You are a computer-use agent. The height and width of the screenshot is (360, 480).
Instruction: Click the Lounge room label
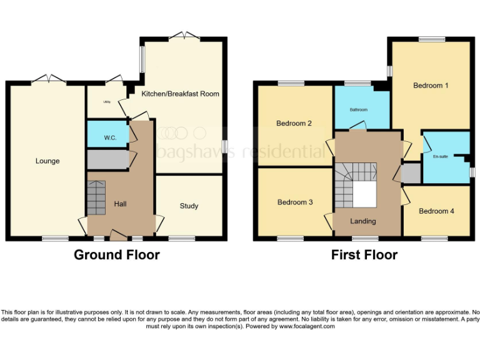point(47,161)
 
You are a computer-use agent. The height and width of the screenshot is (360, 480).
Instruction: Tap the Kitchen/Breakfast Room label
point(180,94)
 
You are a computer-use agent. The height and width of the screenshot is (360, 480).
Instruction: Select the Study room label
point(189,206)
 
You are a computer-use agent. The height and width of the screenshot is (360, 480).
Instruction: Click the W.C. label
point(110,137)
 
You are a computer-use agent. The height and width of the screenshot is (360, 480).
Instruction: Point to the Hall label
point(121,204)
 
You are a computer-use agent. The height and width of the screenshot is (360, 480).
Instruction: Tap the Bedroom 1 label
point(431,86)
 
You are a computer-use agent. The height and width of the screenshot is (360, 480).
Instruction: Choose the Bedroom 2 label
point(294,124)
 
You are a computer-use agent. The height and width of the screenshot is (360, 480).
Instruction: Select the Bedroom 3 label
point(295,202)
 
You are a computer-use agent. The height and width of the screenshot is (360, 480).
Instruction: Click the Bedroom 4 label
point(436,211)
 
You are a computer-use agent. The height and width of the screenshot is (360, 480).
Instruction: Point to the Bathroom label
point(358,110)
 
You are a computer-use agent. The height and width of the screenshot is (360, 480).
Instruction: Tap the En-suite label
point(440,156)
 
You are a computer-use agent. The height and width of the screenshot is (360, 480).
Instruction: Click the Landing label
point(362,221)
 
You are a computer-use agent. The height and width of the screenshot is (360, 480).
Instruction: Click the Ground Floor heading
point(116,255)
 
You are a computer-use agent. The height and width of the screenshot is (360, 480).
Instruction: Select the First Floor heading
point(364,255)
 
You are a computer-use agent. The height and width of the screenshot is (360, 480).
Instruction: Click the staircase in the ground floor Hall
point(96,197)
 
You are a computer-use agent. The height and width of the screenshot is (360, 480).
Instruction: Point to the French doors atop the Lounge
point(49,79)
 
